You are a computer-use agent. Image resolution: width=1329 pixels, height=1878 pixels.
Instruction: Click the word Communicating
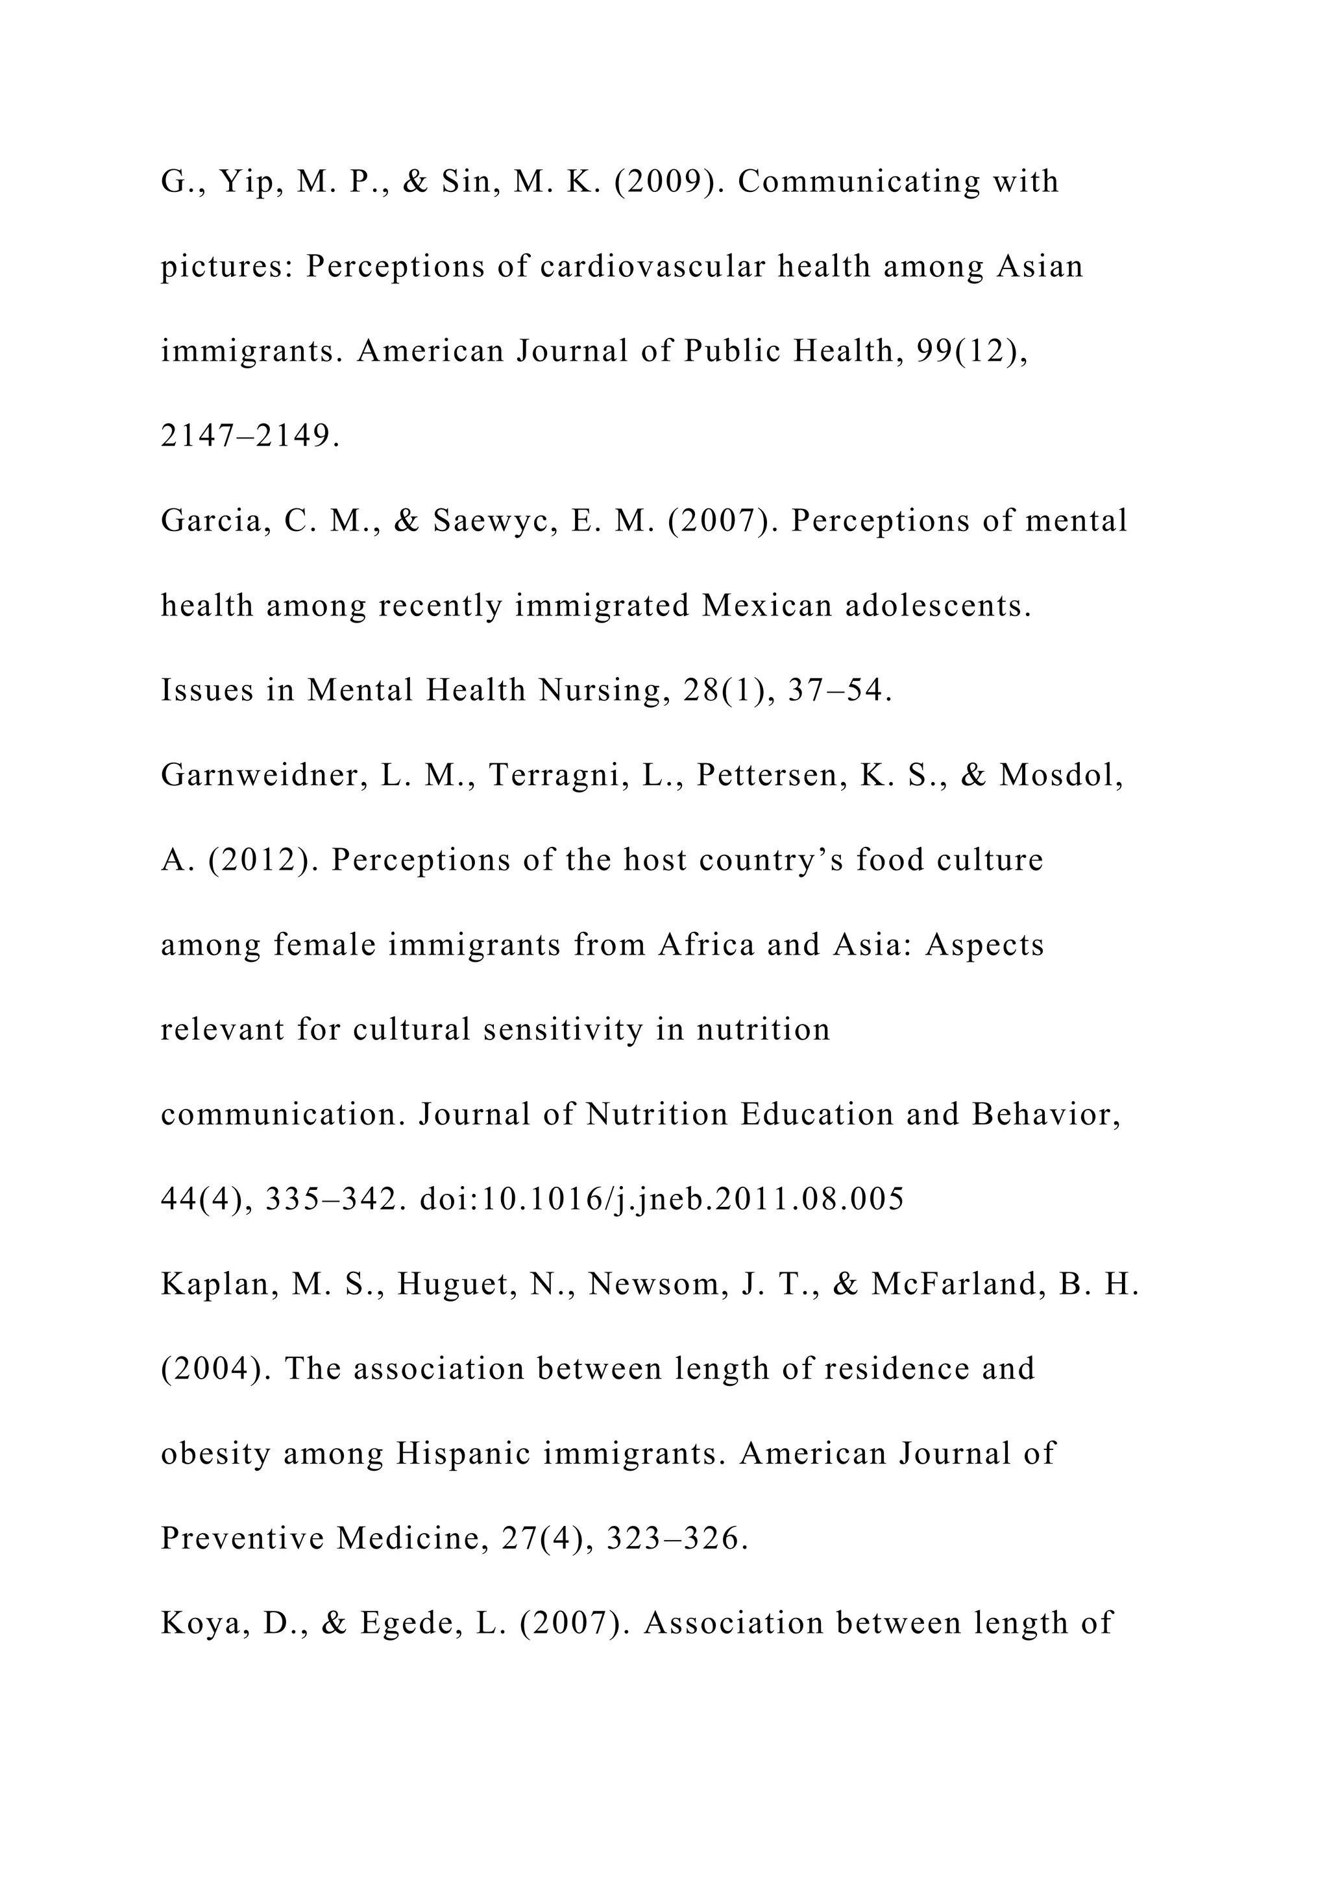858,182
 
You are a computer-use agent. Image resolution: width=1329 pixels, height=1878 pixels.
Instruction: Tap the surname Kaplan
217,1284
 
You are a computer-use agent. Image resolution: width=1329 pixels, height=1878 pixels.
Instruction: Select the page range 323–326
676,1539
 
